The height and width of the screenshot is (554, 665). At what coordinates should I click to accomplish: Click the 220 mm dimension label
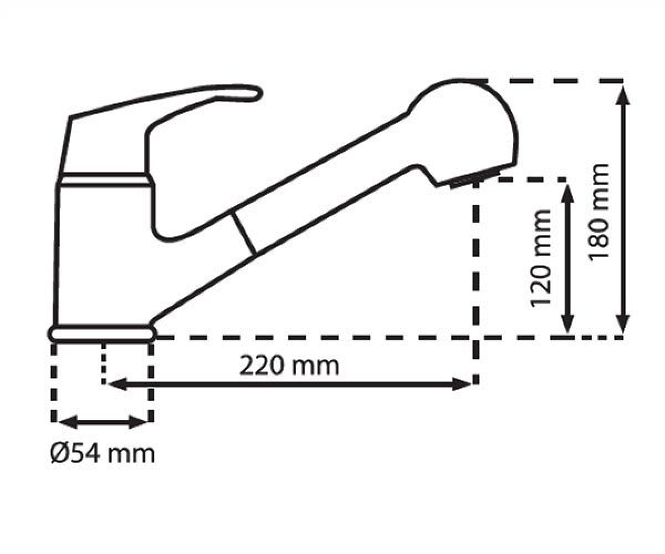[289, 366]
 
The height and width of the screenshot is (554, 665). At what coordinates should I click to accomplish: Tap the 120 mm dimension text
[540, 258]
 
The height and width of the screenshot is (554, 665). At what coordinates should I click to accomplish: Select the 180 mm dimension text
[598, 212]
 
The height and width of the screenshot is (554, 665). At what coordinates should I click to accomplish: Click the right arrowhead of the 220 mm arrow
[462, 384]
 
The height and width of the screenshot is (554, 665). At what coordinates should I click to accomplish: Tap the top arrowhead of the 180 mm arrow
[623, 95]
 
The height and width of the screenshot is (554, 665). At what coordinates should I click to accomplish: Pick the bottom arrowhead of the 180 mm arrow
[623, 324]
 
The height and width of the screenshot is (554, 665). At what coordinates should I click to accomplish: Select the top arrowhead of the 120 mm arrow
[567, 193]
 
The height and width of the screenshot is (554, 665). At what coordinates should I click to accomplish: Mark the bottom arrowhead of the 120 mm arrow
[567, 324]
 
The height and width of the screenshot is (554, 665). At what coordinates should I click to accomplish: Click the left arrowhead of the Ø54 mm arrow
[68, 422]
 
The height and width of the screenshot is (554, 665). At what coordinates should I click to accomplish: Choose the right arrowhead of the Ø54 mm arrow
[138, 422]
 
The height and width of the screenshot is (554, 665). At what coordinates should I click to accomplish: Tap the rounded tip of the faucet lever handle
[259, 93]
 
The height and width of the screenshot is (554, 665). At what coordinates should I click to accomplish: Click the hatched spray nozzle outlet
[474, 179]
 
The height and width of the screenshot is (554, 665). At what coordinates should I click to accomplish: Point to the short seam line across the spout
[244, 233]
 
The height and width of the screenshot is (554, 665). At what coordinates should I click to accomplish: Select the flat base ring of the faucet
[102, 334]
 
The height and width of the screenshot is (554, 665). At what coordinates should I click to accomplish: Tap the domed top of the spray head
[462, 84]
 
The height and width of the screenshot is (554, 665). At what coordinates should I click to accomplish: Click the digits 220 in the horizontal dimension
[262, 366]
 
